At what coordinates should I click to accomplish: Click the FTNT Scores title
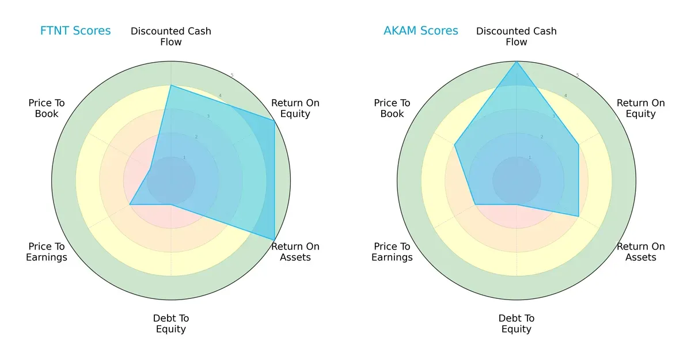coord(75,31)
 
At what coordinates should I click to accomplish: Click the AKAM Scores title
coord(421,31)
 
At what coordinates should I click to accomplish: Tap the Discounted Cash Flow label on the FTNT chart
coord(171,36)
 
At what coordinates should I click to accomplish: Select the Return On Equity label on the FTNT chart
coord(295,108)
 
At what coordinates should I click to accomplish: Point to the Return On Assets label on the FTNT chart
coord(295,252)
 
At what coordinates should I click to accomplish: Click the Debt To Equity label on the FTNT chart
coord(171,324)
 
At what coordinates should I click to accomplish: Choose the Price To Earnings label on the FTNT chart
coord(47,252)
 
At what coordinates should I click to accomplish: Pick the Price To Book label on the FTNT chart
coord(47,108)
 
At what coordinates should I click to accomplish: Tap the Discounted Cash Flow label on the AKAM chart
coord(517,36)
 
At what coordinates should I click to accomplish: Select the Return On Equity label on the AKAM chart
coord(641,108)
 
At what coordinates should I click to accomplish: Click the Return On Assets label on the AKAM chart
coord(641,252)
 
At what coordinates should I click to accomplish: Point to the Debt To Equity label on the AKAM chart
coord(517,324)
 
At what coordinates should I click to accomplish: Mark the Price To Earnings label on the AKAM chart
coord(392,252)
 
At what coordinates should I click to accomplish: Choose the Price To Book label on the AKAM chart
coord(392,108)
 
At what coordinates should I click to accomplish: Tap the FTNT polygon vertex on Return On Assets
coord(274,240)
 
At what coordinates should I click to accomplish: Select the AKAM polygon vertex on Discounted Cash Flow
coord(517,62)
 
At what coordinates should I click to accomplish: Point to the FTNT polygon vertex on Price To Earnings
coord(130,204)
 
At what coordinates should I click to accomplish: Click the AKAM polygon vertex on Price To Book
coord(455,145)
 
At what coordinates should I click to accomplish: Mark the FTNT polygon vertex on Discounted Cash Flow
coord(171,85)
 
